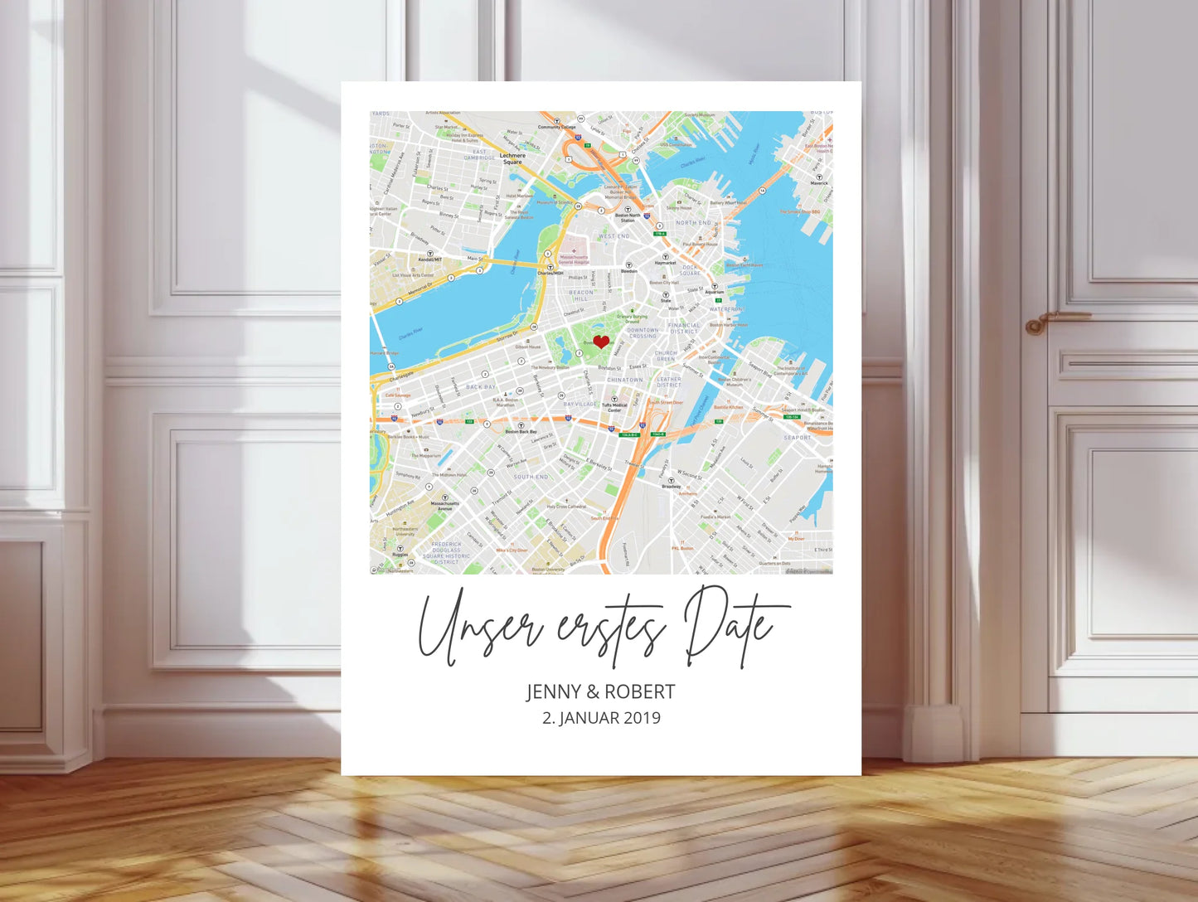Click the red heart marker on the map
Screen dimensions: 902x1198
[x=601, y=342]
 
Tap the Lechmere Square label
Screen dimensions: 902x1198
[x=512, y=158]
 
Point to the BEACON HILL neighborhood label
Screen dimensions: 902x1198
[x=580, y=295]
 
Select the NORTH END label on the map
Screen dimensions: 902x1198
[x=693, y=223]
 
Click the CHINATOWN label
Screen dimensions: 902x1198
[x=625, y=380]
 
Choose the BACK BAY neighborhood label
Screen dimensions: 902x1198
[x=481, y=387]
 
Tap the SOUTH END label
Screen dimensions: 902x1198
[x=531, y=477]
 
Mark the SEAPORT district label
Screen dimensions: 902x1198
[x=798, y=438]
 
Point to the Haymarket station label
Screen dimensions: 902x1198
[x=665, y=263]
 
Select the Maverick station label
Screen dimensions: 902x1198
[x=819, y=183]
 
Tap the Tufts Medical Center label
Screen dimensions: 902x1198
[x=614, y=408]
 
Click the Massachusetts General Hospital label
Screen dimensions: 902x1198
[x=573, y=259]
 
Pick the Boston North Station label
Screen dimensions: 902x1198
[x=628, y=218]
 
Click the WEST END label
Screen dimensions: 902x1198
[x=614, y=236]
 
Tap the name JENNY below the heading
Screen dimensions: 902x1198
[x=553, y=692]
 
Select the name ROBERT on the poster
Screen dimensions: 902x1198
[x=639, y=692]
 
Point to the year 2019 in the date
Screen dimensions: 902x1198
[x=642, y=718]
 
